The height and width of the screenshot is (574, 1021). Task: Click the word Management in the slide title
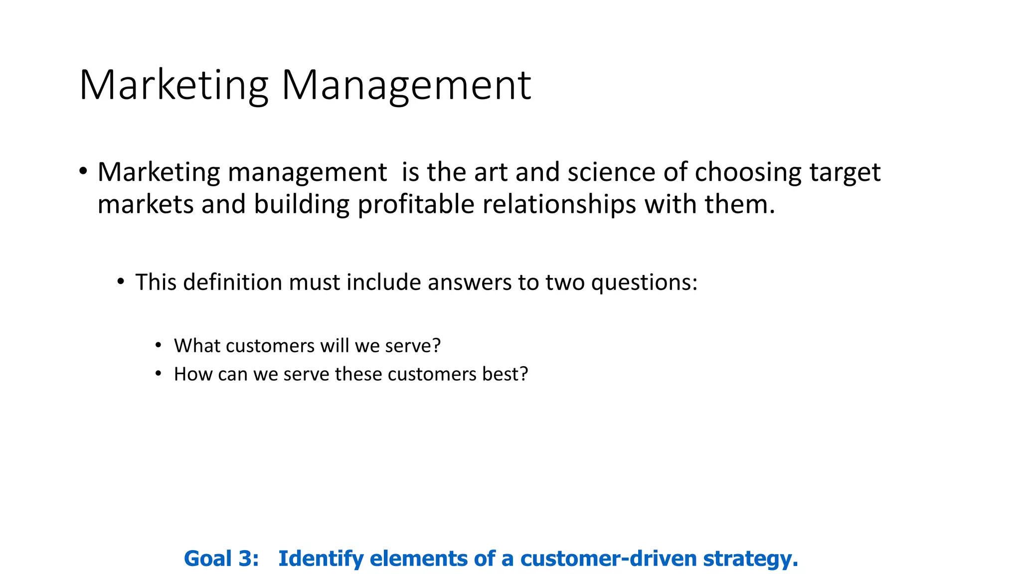coord(406,86)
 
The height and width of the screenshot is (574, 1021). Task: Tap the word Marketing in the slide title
coord(173,86)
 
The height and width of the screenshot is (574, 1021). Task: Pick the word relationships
coord(559,205)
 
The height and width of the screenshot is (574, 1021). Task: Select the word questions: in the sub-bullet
coord(644,283)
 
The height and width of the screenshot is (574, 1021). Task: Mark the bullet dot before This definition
coord(121,282)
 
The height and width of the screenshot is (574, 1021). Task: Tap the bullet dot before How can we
coord(159,373)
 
